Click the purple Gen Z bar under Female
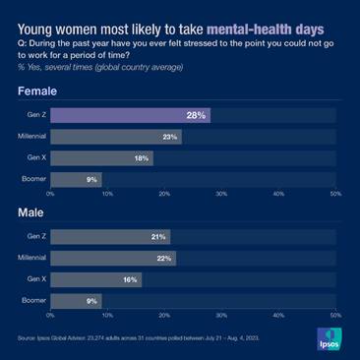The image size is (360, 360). coord(129,115)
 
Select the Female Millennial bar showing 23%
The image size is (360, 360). coord(115,137)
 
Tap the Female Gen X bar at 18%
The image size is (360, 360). coord(101,158)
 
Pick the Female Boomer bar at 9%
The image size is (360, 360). coord(75,179)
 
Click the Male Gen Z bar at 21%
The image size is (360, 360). coord(109,237)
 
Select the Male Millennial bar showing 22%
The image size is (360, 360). coord(112,258)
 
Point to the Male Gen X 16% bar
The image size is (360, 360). coord(95,279)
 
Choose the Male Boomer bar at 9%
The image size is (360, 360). coord(75,300)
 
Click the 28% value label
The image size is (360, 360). coord(196,115)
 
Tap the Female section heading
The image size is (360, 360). coord(36,91)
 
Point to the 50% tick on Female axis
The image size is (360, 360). coord(335,194)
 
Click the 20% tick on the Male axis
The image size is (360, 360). coord(163,315)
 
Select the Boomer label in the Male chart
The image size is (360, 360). coord(34,300)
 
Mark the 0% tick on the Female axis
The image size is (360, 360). coord(50,194)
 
